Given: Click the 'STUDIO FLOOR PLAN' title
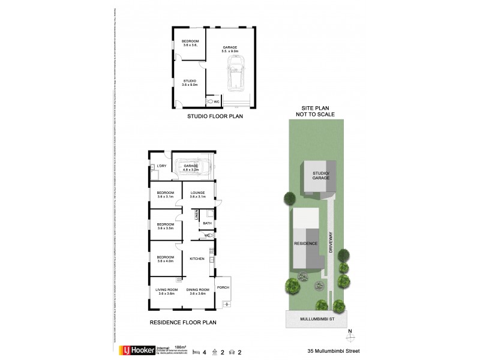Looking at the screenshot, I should [x=215, y=116].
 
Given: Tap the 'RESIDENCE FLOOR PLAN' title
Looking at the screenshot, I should [x=182, y=322].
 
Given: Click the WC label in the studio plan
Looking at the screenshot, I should [x=217, y=101].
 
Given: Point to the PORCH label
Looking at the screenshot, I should [x=223, y=287].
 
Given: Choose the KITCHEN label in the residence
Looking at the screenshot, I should [x=197, y=259].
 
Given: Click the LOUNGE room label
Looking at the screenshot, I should [x=198, y=193].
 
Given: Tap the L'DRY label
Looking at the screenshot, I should [x=161, y=166].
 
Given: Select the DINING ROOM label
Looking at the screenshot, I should [x=197, y=290].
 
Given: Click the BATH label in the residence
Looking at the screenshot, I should [x=207, y=223].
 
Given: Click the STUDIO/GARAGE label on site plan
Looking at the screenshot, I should [x=321, y=176].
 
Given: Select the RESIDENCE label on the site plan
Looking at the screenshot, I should [x=305, y=244].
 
